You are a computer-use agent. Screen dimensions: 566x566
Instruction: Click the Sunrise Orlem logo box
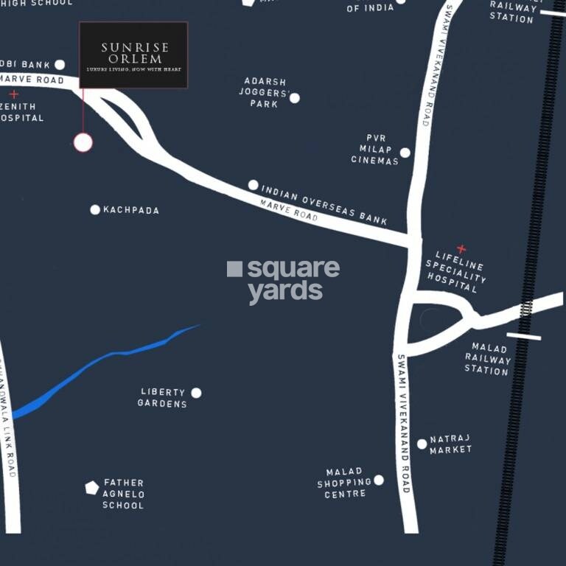(x=133, y=55)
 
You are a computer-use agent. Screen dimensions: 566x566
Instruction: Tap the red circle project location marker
(x=83, y=142)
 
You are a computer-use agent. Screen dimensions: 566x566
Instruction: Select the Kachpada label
(x=130, y=210)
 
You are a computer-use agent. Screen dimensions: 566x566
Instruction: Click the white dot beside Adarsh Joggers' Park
(x=295, y=98)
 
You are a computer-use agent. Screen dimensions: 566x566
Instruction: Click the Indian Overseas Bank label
(x=324, y=206)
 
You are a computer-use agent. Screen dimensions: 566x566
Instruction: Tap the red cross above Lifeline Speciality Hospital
(x=461, y=249)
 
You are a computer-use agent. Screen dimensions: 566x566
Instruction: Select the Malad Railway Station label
(x=486, y=360)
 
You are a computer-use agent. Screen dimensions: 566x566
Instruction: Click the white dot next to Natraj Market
(x=422, y=444)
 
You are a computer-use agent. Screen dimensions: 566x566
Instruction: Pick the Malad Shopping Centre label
(x=344, y=483)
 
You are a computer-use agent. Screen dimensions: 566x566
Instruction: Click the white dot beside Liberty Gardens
(x=196, y=393)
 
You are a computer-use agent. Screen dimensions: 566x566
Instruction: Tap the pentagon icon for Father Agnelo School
(x=91, y=488)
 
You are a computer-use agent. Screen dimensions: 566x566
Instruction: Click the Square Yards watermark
(x=284, y=280)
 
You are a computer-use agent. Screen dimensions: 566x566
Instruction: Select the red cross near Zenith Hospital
(x=14, y=94)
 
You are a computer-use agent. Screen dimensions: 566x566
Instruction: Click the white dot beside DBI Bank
(x=60, y=65)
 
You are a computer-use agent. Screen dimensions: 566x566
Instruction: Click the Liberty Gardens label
(x=163, y=398)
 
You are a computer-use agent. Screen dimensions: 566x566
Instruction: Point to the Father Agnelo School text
(x=123, y=494)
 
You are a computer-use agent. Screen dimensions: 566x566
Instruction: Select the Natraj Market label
(x=450, y=444)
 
